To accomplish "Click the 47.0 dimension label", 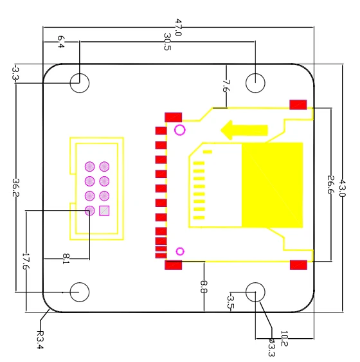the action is point(178,27).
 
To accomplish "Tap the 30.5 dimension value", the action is point(167,42).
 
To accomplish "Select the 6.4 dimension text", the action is point(60,42).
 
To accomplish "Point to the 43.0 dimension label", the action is point(342,188).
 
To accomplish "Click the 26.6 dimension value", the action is point(331,185).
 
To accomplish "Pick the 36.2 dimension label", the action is point(15,188).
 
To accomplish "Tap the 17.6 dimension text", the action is point(26,261).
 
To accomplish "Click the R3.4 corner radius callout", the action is point(40,340).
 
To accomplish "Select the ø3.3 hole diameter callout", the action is point(272,347).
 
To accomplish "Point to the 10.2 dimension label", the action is point(284,339).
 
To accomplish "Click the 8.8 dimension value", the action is point(204,287).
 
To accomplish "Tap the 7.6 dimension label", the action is point(226,86).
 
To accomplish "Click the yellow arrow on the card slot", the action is point(244,131).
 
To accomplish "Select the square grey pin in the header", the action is point(104,211).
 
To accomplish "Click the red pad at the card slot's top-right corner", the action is point(298,105).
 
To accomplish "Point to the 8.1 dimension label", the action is point(66,259).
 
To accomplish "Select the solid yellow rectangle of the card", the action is point(272,185).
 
